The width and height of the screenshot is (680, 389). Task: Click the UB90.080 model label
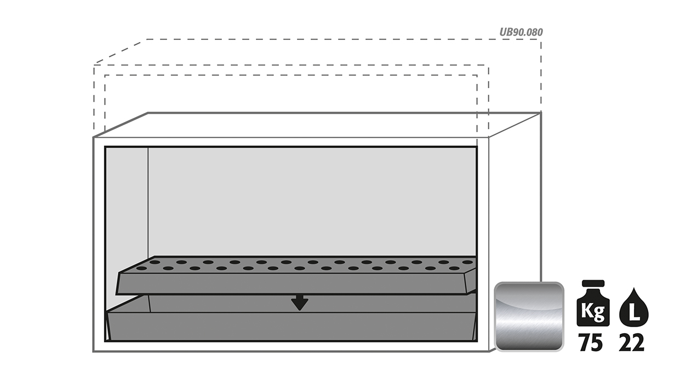[521, 32]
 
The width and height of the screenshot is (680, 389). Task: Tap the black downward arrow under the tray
[300, 303]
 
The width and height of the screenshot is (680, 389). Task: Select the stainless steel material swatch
[529, 317]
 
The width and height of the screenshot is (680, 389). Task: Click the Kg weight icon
[593, 303]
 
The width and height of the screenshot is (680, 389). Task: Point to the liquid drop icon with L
[634, 307]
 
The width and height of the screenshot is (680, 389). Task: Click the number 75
[591, 343]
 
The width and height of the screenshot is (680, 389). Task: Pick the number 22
[631, 343]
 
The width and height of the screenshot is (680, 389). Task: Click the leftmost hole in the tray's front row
[141, 268]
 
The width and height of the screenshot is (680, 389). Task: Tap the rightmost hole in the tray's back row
[468, 262]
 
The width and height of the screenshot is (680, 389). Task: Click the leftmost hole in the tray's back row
[155, 262]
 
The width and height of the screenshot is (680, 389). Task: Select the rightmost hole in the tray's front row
[454, 268]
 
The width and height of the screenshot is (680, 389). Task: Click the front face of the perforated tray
[292, 284]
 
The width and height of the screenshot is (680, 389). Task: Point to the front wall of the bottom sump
[292, 327]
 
